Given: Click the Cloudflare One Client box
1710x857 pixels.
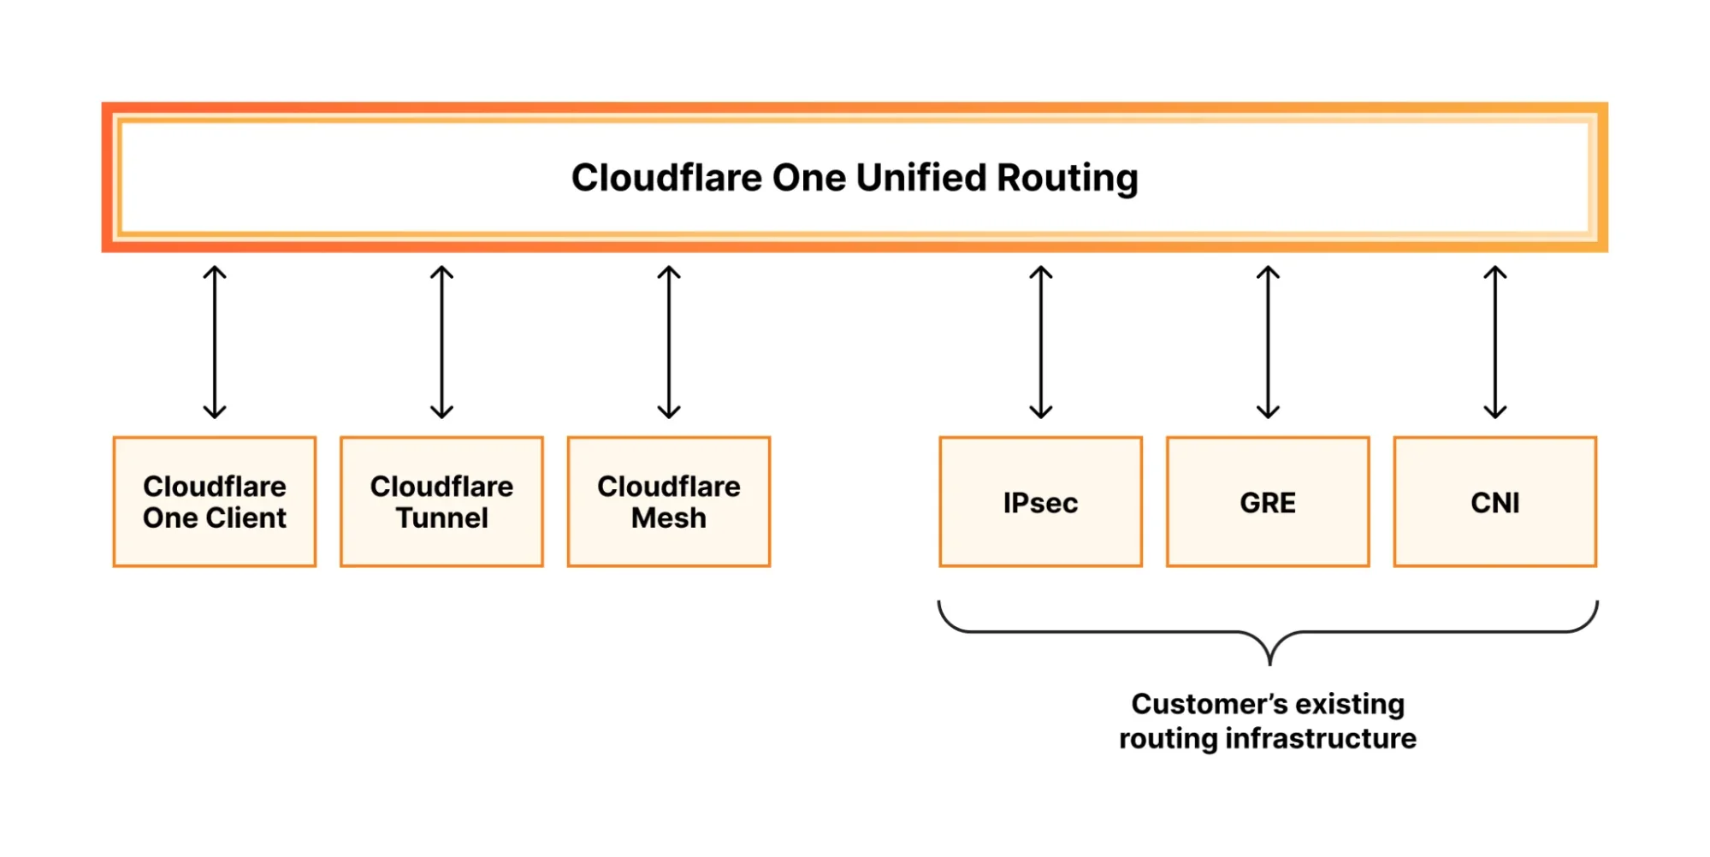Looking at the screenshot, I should point(214,502).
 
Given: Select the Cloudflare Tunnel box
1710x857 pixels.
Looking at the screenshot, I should point(441,502).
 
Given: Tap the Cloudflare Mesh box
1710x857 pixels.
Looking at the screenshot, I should point(668,502).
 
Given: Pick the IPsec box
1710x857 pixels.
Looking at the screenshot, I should point(1040,502).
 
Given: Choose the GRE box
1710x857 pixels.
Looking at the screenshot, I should point(1267,502).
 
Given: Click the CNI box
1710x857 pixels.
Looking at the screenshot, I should point(1494,502).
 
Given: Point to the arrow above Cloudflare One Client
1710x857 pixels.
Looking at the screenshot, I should point(215,342).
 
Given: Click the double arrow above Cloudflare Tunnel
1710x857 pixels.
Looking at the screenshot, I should point(441,342).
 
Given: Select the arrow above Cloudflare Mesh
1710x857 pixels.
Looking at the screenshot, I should point(669,342).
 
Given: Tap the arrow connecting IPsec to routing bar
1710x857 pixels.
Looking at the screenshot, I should point(1040,342).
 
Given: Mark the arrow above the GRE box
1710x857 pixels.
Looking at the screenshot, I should point(1268,342).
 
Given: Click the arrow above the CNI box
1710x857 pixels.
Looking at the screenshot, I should point(1494,342).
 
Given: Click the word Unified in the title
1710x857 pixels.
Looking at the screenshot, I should point(921,178).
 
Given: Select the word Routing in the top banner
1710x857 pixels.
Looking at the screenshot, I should point(1067,178).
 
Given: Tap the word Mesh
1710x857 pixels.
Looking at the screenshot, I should point(669,518).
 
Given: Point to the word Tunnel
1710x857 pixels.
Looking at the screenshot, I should point(441,518).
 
